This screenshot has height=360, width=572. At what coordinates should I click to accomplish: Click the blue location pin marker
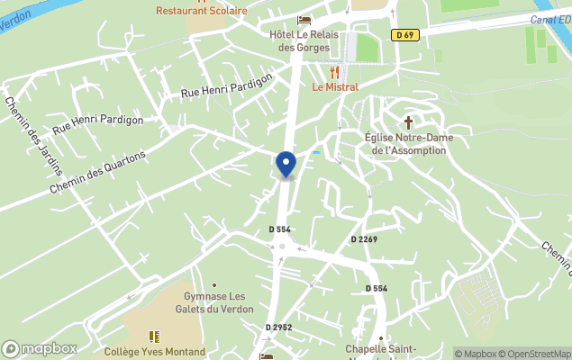coord(286,165)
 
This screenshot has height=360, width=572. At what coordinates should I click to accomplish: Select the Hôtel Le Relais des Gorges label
coord(304,40)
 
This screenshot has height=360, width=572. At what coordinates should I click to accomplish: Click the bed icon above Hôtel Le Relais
coord(304,20)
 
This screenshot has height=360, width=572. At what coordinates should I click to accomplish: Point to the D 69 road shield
coord(404,35)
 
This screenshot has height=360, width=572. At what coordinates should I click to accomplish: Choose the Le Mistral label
coord(335,87)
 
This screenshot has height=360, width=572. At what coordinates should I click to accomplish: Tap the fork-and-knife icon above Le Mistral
coord(335,71)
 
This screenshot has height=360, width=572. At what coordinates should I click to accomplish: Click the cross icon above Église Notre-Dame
coord(408,121)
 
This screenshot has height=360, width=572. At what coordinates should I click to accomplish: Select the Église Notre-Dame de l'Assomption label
coord(408,144)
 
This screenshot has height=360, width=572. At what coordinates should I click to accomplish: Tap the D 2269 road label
coord(364,238)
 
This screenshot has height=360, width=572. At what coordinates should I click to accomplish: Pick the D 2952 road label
coord(278,327)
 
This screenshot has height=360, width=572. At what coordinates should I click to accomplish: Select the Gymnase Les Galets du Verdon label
coord(213,302)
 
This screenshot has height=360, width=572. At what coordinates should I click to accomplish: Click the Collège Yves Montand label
coord(155,352)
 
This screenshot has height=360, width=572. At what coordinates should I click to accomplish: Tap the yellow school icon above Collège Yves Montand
coord(154,337)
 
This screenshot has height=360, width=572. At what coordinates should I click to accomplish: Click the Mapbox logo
coord(40,348)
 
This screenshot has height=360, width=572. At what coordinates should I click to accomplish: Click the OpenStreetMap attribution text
coord(536,354)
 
